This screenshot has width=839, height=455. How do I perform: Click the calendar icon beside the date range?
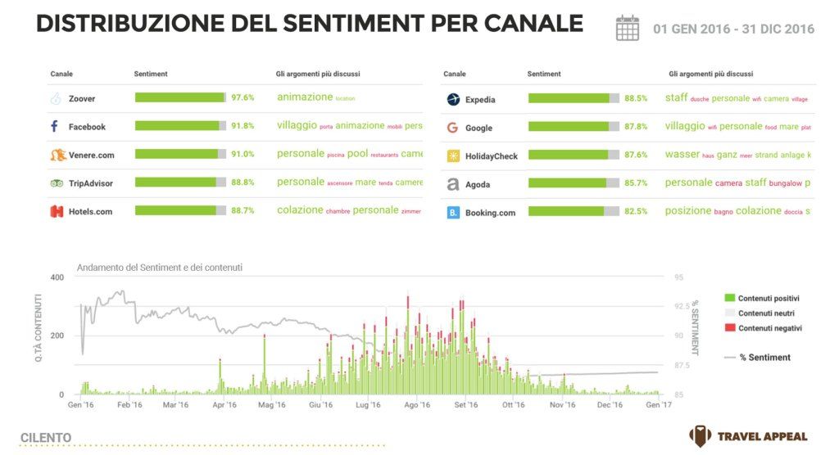[627, 28]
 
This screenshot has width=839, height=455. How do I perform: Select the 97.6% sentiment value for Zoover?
[243, 97]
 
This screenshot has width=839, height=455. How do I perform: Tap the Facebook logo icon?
[54, 127]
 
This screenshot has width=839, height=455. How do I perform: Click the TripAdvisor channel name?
[90, 182]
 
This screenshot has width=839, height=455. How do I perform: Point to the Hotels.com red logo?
[56, 211]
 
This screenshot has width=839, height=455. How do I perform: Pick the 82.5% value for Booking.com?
[636, 211]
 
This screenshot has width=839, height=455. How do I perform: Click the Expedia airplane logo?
[453, 99]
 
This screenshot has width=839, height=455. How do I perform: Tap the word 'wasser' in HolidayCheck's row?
[682, 155]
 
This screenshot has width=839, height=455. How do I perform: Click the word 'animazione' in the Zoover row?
[305, 97]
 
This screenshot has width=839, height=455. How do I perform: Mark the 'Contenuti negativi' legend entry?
[769, 328]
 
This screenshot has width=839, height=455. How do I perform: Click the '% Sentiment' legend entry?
[764, 358]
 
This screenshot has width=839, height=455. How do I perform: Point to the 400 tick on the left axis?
[57, 277]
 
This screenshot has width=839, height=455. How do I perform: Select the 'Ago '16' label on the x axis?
[417, 405]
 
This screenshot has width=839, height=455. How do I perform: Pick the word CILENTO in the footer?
[46, 438]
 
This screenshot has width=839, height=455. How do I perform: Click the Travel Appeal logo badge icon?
[700, 436]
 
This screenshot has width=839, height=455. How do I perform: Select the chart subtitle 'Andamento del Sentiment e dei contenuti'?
[159, 268]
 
